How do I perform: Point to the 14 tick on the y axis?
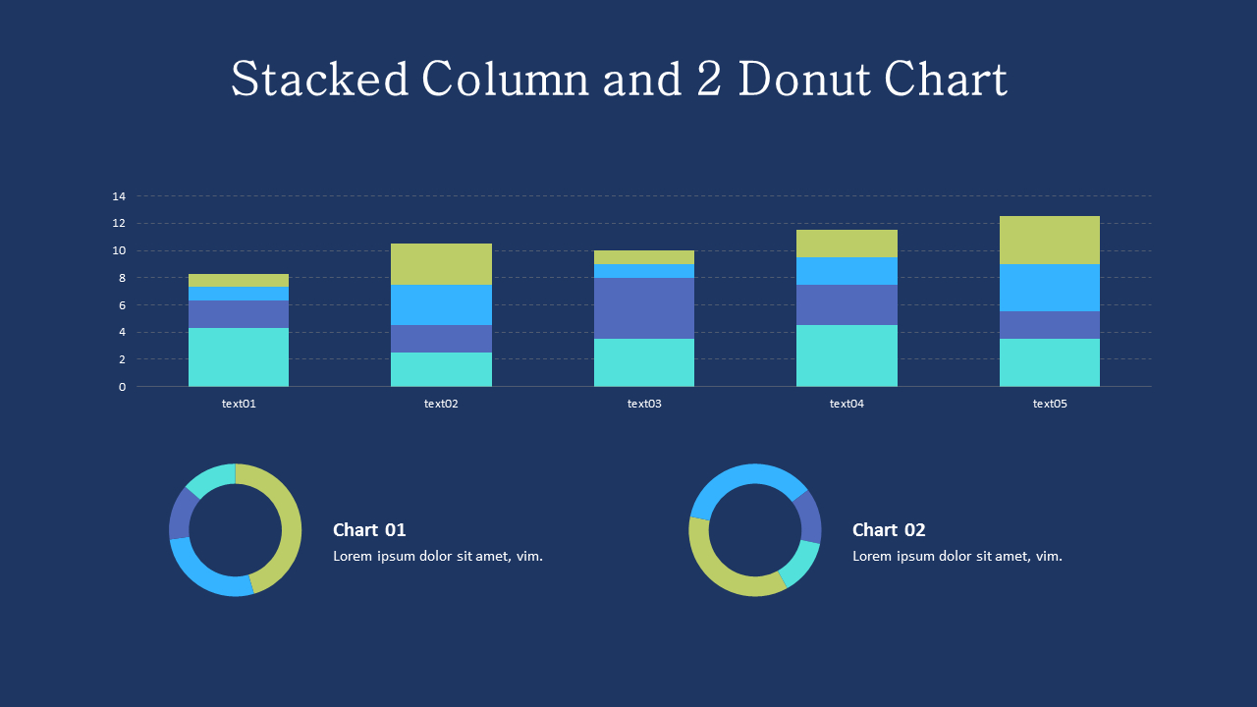pos(119,196)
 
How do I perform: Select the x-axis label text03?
pos(644,404)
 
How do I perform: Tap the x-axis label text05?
pos(1049,404)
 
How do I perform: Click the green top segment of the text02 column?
pos(441,264)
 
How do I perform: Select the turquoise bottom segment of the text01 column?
pos(239,357)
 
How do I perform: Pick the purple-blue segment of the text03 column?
pos(644,308)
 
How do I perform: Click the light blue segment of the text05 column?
pos(1049,288)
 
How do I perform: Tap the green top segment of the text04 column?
pos(847,244)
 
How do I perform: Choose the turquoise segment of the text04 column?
pos(847,355)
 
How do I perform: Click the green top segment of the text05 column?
pos(1049,241)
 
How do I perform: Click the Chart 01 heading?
pos(369,530)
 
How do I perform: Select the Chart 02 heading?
pos(889,530)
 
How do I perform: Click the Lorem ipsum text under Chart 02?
pos(956,557)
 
